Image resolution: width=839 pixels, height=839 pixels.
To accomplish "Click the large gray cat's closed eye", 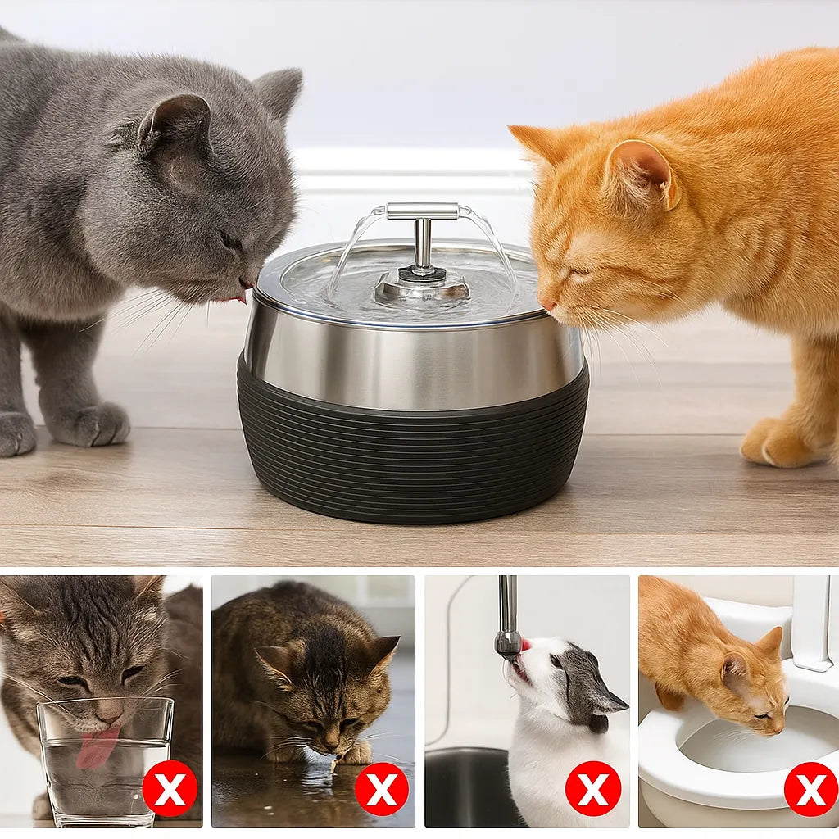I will pyautogui.click(x=230, y=242).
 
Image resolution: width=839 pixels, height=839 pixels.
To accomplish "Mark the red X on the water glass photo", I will pyautogui.click(x=170, y=788).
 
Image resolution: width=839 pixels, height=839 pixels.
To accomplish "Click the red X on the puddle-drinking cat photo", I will pyautogui.click(x=381, y=788).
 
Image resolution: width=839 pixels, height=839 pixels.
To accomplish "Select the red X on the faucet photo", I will pyautogui.click(x=592, y=788).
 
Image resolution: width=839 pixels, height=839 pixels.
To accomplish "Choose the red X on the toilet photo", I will pyautogui.click(x=811, y=788).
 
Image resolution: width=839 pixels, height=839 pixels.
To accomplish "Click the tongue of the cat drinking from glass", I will pyautogui.click(x=98, y=747).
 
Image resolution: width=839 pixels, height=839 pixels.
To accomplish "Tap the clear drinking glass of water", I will pyautogui.click(x=104, y=762).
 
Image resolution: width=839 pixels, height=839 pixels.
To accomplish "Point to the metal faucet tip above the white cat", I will pyautogui.click(x=508, y=643).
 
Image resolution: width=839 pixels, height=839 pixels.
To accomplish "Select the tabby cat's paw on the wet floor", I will pyautogui.click(x=357, y=752).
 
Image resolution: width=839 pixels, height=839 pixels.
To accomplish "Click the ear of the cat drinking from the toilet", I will pyautogui.click(x=770, y=643).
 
